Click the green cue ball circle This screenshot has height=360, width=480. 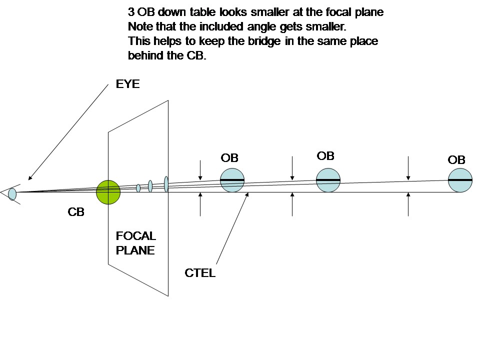tap(108, 192)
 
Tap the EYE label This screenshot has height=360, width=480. tap(127, 84)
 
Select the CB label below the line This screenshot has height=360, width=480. tap(76, 212)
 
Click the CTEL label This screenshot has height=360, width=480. tap(200, 273)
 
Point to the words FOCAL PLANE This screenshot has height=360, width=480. tap(135, 242)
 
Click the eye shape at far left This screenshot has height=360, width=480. tap(12, 193)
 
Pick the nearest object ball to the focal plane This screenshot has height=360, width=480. tap(232, 179)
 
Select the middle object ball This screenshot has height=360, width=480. tap(328, 179)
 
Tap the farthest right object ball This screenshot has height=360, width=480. tap(460, 179)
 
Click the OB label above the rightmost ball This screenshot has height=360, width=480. tap(456, 160)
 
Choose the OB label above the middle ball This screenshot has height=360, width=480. tap(325, 156)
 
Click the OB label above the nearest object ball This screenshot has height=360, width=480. tap(229, 158)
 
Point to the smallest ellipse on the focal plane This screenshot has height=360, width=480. tap(138, 188)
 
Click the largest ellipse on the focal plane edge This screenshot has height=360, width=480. tap(166, 184)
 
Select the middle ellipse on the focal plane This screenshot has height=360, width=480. tap(150, 186)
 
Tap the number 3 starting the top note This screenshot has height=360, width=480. tap(130, 12)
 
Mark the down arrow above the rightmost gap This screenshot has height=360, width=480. tap(408, 167)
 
